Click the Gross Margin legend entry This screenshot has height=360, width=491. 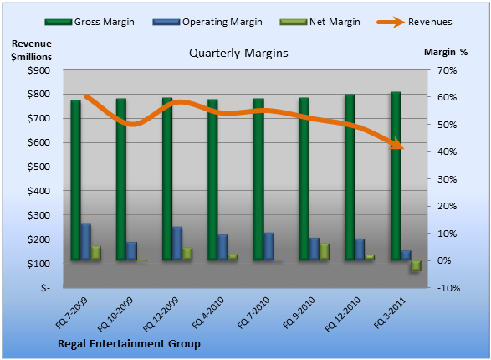coord(90,22)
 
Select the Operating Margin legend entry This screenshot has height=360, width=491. coord(207,22)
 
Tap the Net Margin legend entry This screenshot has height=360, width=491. coord(320,22)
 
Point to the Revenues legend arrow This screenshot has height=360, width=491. coord(391,22)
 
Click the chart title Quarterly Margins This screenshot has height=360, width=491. coord(238,53)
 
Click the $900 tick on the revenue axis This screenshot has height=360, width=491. coord(38,70)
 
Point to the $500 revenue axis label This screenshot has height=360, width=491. coord(38,167)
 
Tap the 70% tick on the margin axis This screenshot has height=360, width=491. coord(448,70)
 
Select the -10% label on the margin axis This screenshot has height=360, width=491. coord(448,288)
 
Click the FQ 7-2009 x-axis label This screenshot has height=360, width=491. coord(72,313)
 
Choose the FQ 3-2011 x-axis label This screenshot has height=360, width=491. coord(390,313)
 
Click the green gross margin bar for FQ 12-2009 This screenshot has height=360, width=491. coord(167,179)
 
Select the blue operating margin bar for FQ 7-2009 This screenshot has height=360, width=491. coord(86,242)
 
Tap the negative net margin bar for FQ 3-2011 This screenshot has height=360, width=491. coord(417,265)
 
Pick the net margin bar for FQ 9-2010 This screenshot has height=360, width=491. coord(325,252)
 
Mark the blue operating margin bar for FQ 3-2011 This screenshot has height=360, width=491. coord(407,255)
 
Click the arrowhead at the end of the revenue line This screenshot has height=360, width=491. coord(397,143)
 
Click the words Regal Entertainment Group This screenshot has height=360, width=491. coord(129,344)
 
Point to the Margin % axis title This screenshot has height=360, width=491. coord(446,52)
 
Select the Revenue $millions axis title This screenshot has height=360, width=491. coord(31,50)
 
